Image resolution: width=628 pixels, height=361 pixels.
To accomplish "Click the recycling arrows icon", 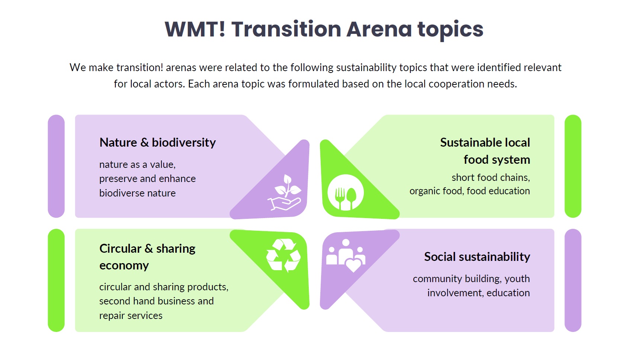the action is point(283,255).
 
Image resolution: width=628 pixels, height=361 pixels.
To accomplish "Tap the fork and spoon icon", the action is point(345,192).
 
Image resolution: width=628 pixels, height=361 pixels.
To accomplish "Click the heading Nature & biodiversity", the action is point(158,143).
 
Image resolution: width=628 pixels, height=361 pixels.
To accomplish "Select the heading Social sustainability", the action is point(477,257).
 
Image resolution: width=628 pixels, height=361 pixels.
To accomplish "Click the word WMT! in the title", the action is point(195,29).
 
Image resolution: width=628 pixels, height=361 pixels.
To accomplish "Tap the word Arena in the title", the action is point(379,29).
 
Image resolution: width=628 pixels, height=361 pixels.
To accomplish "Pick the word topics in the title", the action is point(451,30).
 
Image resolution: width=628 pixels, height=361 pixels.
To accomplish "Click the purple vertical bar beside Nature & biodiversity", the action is point(56,166).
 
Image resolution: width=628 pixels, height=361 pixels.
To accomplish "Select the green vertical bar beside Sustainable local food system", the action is point(573,166).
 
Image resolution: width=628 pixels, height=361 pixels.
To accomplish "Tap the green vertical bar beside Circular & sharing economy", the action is point(56,280).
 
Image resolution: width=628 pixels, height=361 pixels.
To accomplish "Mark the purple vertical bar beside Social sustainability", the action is point(573,280).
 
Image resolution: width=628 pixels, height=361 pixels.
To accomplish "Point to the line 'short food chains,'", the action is point(491,178).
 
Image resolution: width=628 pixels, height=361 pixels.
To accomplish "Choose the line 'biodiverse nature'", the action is point(137,193).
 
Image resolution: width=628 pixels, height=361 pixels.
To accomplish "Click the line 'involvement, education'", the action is point(478,293).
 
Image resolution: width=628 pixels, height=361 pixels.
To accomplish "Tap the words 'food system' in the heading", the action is point(497,160).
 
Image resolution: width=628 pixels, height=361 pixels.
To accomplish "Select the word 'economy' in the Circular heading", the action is point(124,266).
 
